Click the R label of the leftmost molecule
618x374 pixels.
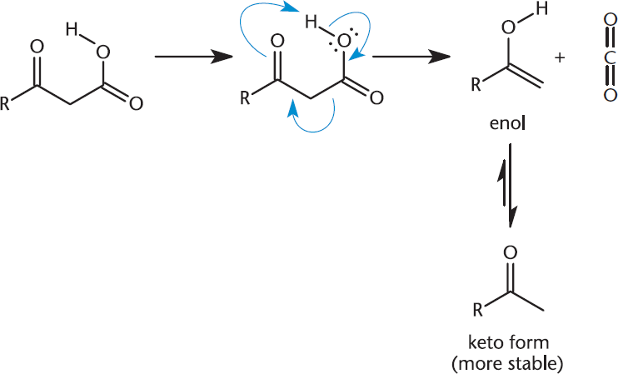click(x=5, y=103)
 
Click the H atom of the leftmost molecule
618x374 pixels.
click(x=72, y=29)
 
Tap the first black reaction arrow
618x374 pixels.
click(x=193, y=57)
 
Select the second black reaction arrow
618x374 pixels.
click(x=411, y=57)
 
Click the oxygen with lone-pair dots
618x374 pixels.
click(x=344, y=41)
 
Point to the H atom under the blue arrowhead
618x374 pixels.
click(x=311, y=22)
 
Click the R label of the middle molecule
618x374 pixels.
click(x=245, y=97)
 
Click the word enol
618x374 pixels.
click(x=508, y=123)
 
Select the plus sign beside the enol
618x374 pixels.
click(x=559, y=57)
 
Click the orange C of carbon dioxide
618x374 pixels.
click(x=610, y=57)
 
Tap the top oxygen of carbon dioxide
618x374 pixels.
click(x=610, y=21)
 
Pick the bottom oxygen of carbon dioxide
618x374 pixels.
click(x=610, y=95)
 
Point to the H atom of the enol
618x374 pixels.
click(x=541, y=8)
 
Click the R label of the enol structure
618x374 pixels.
click(x=476, y=84)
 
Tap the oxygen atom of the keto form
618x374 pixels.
click(x=510, y=252)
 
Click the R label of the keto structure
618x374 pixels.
click(x=477, y=311)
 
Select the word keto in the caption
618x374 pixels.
click(x=484, y=342)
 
